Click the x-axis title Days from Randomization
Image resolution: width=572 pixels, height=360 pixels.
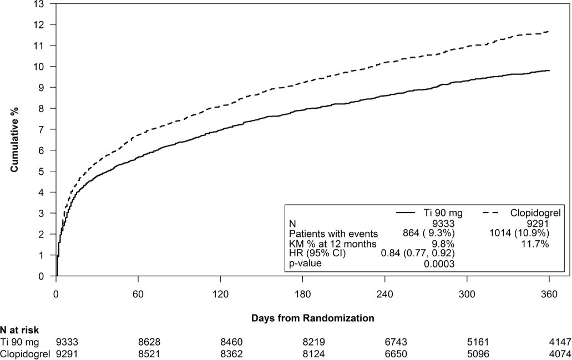[x=312, y=318]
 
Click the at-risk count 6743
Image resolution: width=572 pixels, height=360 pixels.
[x=384, y=342]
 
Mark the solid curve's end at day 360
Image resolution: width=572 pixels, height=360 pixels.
[x=549, y=70]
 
